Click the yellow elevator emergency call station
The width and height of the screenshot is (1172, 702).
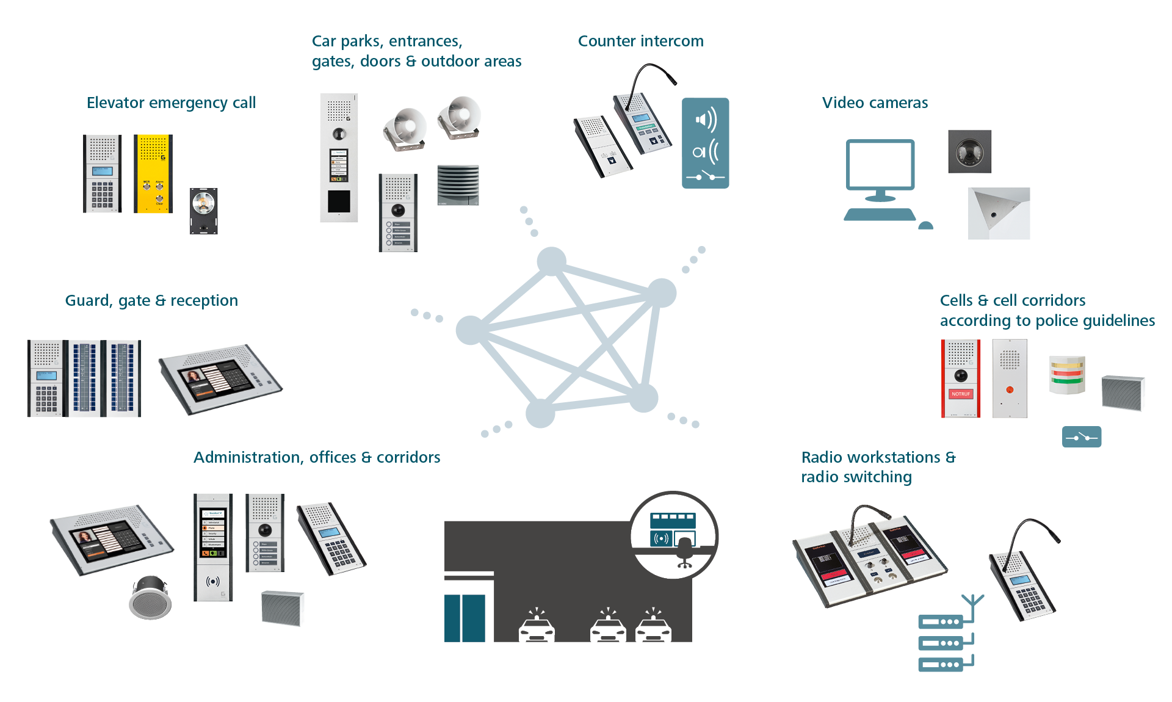click(x=153, y=174)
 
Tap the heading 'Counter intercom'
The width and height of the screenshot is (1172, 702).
click(x=640, y=41)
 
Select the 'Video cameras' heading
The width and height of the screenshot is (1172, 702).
click(x=874, y=103)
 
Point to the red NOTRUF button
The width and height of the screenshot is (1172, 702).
click(x=960, y=394)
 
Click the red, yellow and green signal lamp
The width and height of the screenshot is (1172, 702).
click(x=1067, y=374)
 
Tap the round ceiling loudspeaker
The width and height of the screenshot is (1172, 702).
click(x=150, y=598)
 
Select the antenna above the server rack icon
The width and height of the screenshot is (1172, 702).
click(x=972, y=603)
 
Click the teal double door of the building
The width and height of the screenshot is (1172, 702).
click(x=465, y=618)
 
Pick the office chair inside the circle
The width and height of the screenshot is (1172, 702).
click(x=685, y=554)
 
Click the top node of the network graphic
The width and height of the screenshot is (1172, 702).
click(x=552, y=261)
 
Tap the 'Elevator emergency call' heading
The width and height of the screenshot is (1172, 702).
click(x=171, y=103)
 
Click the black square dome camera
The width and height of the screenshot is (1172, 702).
click(x=969, y=151)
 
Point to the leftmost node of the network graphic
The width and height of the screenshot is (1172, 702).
click(x=471, y=330)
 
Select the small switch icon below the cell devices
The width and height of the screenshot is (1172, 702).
click(x=1081, y=436)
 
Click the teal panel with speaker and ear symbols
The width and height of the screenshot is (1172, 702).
click(x=705, y=143)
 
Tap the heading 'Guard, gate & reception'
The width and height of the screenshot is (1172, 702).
click(x=151, y=300)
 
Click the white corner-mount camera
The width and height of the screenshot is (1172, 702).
click(x=998, y=213)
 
